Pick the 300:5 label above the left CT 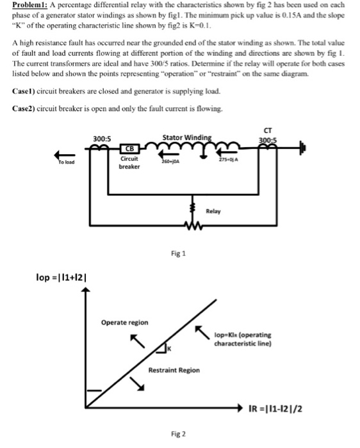pos(102,139)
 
